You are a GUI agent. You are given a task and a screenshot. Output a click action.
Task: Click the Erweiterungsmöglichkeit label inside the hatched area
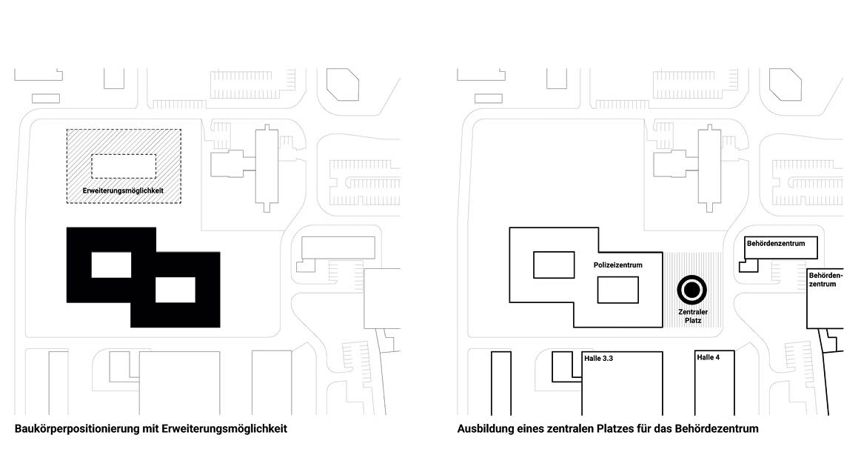tap(123, 190)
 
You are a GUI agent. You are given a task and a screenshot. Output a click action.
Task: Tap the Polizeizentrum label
tap(618, 265)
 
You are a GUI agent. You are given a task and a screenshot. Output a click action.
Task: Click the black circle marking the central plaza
tap(691, 290)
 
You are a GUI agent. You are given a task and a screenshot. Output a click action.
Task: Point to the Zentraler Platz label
tap(693, 316)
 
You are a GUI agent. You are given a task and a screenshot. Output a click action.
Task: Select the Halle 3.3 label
tap(598, 358)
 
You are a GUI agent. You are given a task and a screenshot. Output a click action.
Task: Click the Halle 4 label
tap(708, 357)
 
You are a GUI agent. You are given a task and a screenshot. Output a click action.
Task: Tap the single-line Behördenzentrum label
tap(776, 243)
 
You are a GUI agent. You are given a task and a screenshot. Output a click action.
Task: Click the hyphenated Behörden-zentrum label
tap(825, 279)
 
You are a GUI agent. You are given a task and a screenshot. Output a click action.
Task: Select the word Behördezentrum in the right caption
tap(717, 428)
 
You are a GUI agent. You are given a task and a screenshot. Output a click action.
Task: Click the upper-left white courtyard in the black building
tap(111, 265)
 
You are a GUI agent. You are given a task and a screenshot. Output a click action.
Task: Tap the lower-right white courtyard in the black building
tap(175, 290)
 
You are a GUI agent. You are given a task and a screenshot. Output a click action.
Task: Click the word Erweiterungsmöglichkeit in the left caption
tap(224, 429)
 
